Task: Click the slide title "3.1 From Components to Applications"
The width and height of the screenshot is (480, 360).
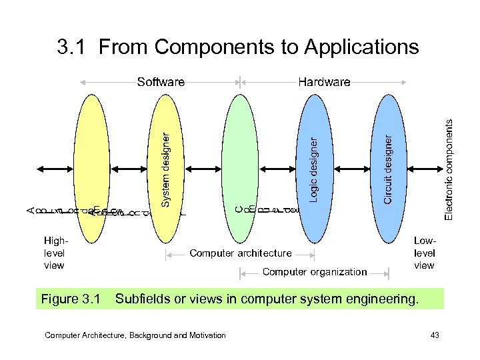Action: [238, 47]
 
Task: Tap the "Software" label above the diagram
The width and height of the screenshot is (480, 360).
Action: [161, 83]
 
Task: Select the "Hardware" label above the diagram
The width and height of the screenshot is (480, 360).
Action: [324, 83]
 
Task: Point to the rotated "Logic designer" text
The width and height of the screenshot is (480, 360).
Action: [313, 169]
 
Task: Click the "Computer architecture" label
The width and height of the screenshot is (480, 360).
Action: [241, 253]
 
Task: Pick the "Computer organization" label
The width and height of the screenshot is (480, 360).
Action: [315, 271]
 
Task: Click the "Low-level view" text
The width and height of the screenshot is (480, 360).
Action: [424, 253]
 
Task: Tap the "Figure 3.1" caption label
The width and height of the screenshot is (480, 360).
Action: [69, 299]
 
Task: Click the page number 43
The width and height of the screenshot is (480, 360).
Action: [435, 335]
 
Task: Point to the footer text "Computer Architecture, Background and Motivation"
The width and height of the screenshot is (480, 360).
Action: [135, 335]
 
